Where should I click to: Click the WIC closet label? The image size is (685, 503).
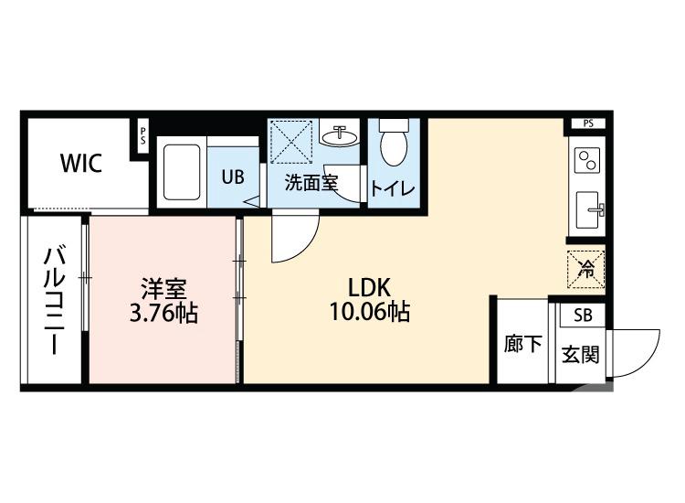coord(81,165)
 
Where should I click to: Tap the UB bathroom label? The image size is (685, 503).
coord(233,177)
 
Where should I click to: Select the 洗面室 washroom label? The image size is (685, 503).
coord(311,182)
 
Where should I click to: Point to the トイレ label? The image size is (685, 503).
coord(393,187)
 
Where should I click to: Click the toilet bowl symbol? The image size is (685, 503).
coord(393,144)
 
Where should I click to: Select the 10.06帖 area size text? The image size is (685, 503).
coord(369,313)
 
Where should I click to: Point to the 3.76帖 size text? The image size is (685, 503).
coord(164,313)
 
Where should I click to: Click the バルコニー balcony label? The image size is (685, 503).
coord(53,301)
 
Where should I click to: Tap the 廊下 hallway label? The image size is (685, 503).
coord(522,345)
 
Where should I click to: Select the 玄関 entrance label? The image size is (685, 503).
coord(579,354)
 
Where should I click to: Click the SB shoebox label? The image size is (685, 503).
coord(581,316)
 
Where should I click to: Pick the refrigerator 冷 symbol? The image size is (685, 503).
coord(586,269)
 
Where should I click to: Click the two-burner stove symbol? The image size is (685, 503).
coord(585,161)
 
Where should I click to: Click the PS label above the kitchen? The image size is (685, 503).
coord(587,123)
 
